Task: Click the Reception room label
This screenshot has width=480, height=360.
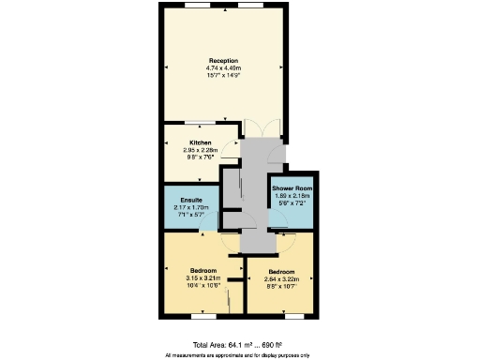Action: [223, 61]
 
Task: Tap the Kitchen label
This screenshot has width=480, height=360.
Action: [199, 142]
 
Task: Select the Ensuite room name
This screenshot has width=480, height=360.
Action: [192, 201]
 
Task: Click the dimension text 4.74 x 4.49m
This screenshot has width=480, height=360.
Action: [223, 67]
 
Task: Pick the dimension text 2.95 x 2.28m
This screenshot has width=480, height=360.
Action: [199, 149]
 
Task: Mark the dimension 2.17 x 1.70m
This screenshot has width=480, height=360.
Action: [192, 207]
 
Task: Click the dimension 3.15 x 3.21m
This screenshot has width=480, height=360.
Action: [202, 277]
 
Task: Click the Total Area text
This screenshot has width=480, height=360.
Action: [240, 345]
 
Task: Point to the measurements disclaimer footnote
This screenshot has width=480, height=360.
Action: [240, 355]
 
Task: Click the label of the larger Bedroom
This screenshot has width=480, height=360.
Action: [202, 271]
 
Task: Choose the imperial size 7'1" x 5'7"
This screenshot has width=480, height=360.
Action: [192, 214]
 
